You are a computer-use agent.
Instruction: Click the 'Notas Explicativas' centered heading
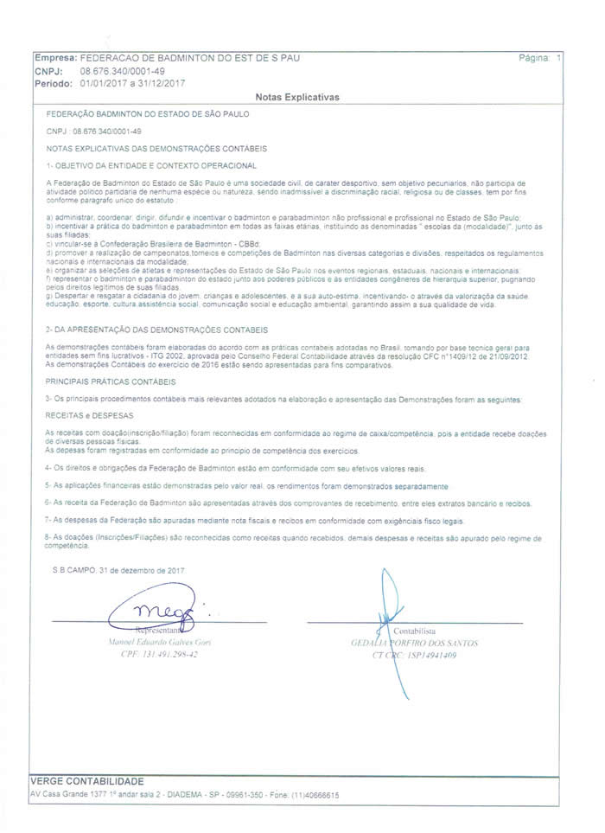(x=298, y=98)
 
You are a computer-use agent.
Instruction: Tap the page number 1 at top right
(x=559, y=58)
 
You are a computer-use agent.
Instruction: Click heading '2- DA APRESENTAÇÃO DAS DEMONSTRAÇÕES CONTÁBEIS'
(x=157, y=330)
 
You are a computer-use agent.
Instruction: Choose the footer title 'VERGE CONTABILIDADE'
(x=87, y=781)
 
